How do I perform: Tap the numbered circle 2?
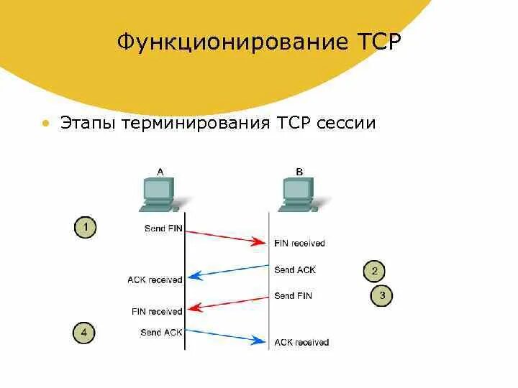tap(374, 271)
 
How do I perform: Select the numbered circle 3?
tap(382, 295)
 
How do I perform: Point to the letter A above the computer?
tap(160, 171)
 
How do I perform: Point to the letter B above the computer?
tap(299, 171)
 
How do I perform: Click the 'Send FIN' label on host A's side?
tap(163, 228)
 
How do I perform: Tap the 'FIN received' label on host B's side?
tap(299, 244)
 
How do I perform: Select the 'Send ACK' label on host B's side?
tap(294, 270)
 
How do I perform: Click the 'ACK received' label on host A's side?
tap(155, 280)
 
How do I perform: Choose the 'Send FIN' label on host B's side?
tap(293, 295)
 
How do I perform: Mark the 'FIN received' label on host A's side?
tap(157, 311)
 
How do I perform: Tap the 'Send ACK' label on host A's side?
tap(161, 332)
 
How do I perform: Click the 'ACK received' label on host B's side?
tap(301, 342)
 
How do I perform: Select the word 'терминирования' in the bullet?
tap(195, 123)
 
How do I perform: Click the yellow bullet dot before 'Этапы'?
tap(45, 124)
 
